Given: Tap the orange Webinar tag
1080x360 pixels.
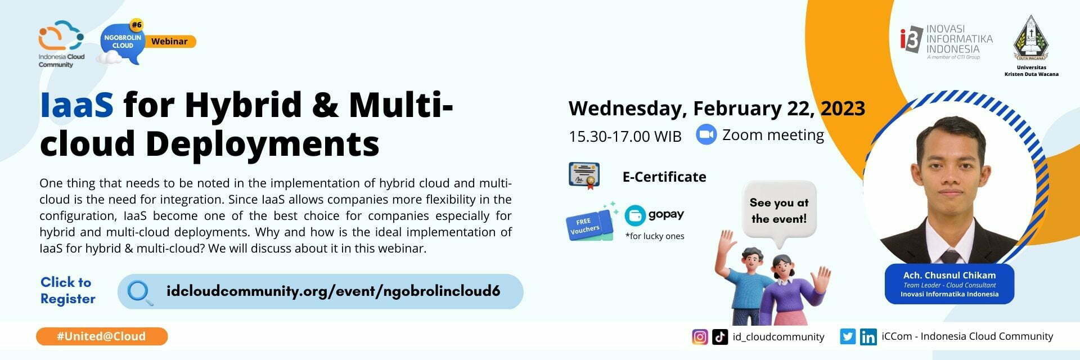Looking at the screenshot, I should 169,41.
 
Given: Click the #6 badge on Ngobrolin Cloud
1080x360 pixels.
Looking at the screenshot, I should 137,25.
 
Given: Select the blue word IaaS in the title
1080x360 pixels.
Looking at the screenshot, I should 77,105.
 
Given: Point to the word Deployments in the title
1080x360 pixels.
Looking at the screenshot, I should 262,143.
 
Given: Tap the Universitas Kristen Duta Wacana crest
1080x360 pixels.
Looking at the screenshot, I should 1030,38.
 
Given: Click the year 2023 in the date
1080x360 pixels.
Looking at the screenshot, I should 843,108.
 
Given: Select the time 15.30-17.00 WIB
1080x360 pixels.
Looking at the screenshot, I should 625,136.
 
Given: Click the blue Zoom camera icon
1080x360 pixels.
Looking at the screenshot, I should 706,134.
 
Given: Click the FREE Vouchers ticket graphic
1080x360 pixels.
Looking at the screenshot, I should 589,224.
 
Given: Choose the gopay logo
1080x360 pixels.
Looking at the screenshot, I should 654,215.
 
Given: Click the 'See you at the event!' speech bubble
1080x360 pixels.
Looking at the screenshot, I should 778,211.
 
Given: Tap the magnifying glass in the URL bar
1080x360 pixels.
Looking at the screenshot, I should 139,292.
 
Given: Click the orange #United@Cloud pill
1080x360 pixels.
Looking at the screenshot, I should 102,336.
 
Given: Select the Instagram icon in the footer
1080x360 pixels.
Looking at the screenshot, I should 700,337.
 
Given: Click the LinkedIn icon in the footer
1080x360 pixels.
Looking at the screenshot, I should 868,337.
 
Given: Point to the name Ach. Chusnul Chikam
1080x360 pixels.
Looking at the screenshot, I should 949,275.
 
